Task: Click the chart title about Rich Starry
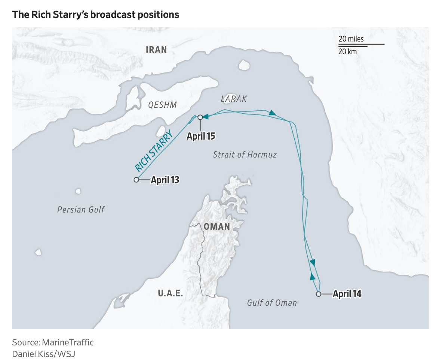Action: (x=96, y=15)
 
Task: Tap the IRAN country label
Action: (x=156, y=49)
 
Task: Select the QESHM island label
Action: (x=162, y=105)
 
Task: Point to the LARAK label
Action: (x=234, y=99)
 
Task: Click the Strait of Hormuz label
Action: (x=245, y=155)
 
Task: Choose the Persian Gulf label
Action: (x=81, y=210)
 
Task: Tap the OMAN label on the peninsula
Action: (x=217, y=226)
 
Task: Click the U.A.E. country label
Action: (x=170, y=293)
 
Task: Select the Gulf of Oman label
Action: (x=272, y=303)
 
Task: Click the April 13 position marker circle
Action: (x=136, y=180)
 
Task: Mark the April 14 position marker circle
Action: (x=318, y=294)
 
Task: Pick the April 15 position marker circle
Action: (x=200, y=117)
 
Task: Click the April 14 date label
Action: (x=347, y=294)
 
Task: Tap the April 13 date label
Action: (x=165, y=180)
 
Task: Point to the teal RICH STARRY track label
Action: (x=153, y=150)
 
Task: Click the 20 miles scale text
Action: (x=351, y=39)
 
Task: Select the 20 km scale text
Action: (x=347, y=52)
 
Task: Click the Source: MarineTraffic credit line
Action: (x=53, y=342)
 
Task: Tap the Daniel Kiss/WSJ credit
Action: (x=44, y=354)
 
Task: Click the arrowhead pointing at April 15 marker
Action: (x=206, y=117)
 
